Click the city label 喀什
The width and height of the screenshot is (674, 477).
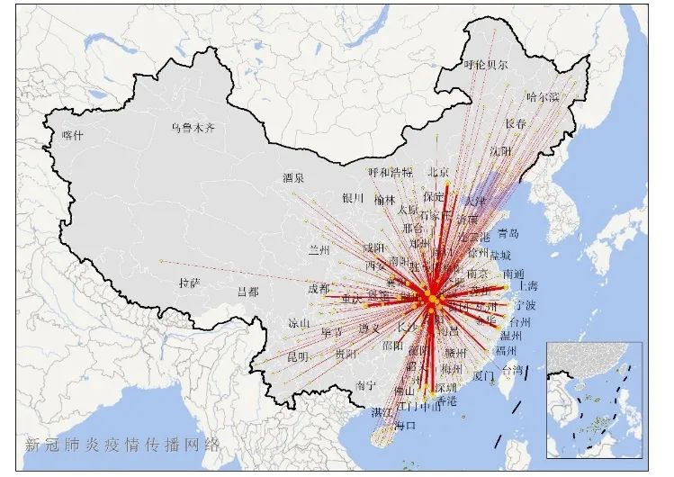72,135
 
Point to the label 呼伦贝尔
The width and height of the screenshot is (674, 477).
486,65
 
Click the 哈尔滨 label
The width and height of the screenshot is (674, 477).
543,96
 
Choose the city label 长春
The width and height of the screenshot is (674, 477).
516,123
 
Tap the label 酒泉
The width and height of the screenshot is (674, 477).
293,177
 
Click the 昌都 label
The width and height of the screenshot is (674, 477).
247,292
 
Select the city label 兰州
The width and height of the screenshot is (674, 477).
320,249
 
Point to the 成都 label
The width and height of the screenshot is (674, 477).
319,289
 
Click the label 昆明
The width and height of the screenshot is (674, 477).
298,357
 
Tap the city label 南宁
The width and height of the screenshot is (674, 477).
366,384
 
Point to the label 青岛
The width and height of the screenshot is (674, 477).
508,233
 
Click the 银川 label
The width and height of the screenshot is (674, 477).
352,198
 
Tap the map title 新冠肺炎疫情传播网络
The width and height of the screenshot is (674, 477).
122,444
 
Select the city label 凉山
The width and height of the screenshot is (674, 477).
299,323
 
